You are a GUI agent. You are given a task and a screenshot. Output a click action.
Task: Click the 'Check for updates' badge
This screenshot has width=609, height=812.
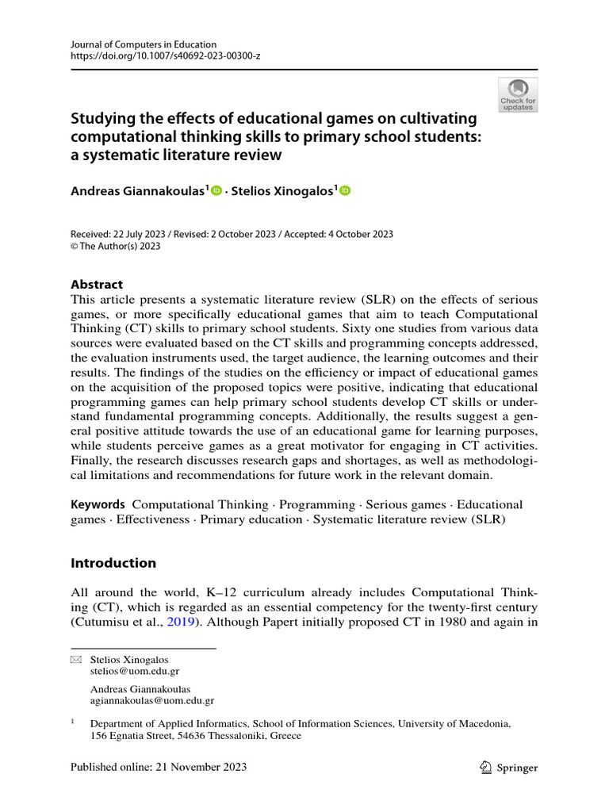click(x=517, y=94)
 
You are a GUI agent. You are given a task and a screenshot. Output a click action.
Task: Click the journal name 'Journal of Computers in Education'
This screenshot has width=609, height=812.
click(x=144, y=44)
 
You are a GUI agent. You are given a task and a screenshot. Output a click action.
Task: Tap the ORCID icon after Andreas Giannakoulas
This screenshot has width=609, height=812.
click(x=217, y=190)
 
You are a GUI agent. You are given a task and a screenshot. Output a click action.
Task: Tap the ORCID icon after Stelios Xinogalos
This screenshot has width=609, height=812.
click(x=345, y=190)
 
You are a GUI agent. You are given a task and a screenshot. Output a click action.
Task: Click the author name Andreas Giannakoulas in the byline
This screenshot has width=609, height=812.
click(x=138, y=190)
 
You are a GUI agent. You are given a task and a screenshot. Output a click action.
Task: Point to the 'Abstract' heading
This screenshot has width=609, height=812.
click(x=97, y=285)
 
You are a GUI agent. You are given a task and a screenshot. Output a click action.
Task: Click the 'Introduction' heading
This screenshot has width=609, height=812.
click(x=113, y=563)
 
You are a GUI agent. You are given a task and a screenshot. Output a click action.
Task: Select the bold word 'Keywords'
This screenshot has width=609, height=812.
click(x=98, y=504)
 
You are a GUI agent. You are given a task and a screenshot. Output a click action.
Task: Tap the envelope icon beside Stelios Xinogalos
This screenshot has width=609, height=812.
click(x=76, y=660)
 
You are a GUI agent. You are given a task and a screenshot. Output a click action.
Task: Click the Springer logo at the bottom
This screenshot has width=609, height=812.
click(x=510, y=767)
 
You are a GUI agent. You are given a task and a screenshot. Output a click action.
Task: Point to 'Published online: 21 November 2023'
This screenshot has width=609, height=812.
click(x=159, y=767)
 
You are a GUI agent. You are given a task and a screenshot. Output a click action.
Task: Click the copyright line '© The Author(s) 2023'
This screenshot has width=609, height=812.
click(x=116, y=246)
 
